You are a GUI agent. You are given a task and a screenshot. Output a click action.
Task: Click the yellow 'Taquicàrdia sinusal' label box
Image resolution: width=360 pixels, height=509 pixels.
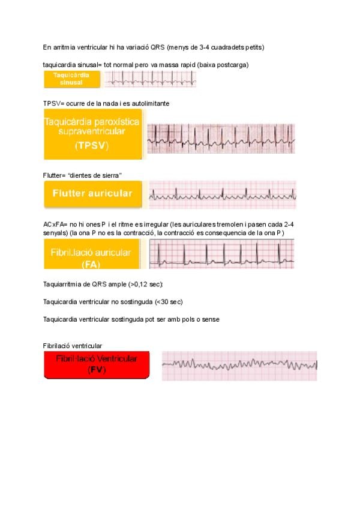click(71, 79)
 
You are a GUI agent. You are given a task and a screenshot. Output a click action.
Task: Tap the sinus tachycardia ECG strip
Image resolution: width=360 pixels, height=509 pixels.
click(150, 79)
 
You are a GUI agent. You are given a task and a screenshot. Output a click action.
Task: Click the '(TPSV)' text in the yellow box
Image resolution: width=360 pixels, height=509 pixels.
click(92, 146)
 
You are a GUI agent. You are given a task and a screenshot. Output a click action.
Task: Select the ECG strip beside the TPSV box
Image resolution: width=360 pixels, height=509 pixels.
click(221, 139)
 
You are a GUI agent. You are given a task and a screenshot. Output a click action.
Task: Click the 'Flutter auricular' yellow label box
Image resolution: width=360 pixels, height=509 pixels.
click(92, 194)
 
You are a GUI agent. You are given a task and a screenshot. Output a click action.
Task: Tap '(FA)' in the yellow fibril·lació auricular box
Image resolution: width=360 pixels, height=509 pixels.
click(92, 263)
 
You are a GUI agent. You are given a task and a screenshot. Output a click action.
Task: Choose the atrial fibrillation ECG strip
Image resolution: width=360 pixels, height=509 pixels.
click(221, 254)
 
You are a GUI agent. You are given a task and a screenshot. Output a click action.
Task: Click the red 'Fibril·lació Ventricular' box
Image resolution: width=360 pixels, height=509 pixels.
click(97, 364)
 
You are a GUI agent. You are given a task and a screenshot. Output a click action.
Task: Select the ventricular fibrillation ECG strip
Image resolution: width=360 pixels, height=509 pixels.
click(239, 366)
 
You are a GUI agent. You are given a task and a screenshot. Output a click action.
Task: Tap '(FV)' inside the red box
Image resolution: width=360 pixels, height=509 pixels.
click(97, 370)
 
